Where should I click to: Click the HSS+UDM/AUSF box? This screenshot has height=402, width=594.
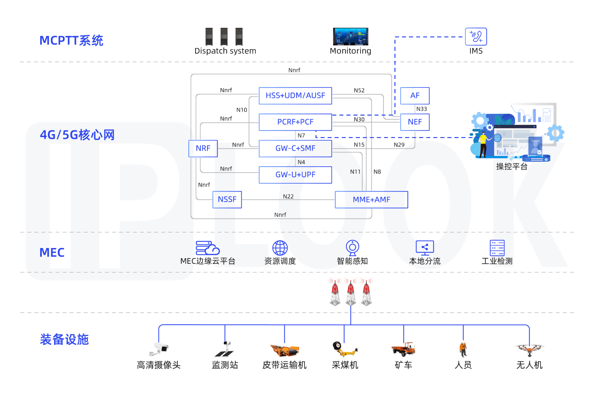point(295,96)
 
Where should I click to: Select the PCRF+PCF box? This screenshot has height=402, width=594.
point(295,122)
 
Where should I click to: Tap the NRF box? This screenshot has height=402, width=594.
point(203,148)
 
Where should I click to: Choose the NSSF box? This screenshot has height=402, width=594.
point(227,199)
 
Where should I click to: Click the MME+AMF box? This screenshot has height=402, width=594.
point(371,200)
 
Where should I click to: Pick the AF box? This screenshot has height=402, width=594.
point(415,96)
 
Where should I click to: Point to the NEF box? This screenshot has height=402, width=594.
point(415,122)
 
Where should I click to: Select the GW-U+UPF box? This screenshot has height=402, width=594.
point(295,175)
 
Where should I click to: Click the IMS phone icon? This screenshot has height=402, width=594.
point(476,36)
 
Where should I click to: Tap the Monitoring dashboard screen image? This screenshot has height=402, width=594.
point(350,36)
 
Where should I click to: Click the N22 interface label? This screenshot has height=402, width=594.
point(288,196)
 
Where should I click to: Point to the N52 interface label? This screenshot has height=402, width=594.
point(359,90)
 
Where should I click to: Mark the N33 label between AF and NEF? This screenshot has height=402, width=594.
point(421,109)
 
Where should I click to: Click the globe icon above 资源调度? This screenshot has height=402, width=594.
point(280,248)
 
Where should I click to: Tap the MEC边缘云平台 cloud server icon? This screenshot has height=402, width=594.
point(207,248)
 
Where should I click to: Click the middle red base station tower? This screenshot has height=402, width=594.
point(351,292)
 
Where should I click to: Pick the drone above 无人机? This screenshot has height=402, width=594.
point(529,349)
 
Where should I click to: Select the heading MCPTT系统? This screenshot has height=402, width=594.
point(71,41)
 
